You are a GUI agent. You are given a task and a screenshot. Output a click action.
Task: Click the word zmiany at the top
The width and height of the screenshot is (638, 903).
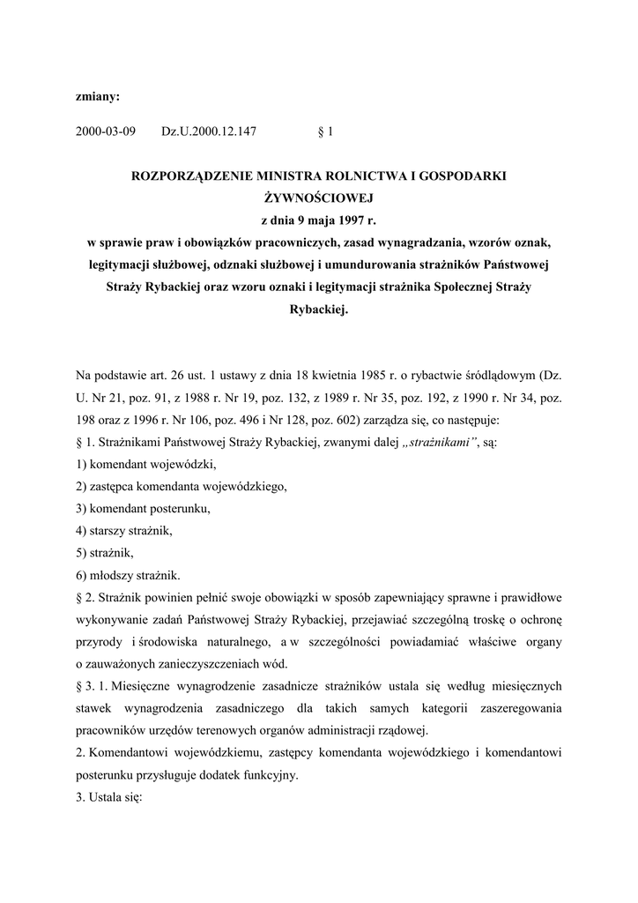(98, 93)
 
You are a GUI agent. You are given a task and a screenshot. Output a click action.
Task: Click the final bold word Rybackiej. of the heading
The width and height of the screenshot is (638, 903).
(319, 310)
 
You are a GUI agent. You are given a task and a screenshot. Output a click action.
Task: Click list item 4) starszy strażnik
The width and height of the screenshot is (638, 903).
(124, 531)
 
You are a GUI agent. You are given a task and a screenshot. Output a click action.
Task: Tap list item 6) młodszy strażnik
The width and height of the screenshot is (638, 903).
(127, 577)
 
